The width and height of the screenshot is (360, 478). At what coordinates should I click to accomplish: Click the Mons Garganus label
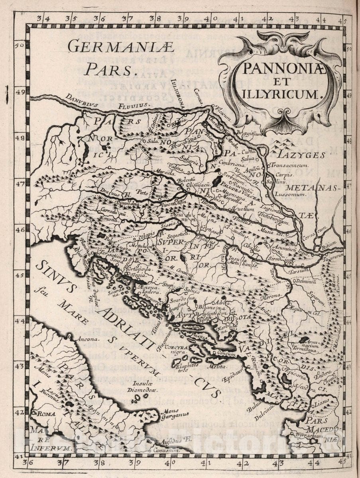[x=175, y=416]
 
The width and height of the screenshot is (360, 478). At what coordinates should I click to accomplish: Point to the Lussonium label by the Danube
[x=294, y=194]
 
